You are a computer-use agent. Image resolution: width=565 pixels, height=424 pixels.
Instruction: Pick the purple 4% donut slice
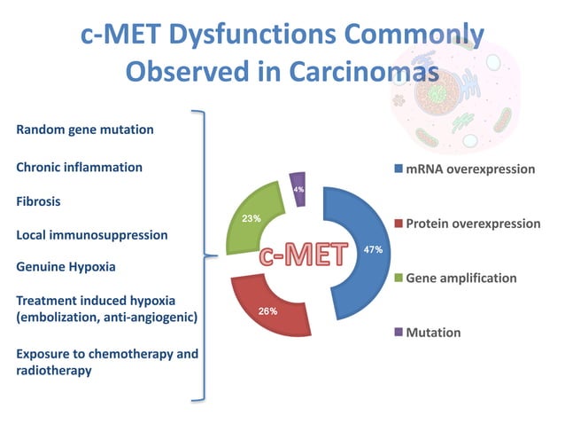pos(298,188)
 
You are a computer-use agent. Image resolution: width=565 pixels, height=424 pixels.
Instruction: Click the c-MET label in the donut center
pos(301,254)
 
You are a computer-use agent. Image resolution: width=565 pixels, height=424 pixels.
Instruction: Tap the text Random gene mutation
pos(85,130)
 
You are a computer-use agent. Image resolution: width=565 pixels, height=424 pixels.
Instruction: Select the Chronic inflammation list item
pos(80,167)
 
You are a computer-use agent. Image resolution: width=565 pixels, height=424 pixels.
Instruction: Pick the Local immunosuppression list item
pos(92,235)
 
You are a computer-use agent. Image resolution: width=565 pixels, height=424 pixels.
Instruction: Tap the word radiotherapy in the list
pos(54,371)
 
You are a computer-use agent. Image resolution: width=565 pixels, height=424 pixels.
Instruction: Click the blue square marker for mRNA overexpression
pos(399,169)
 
